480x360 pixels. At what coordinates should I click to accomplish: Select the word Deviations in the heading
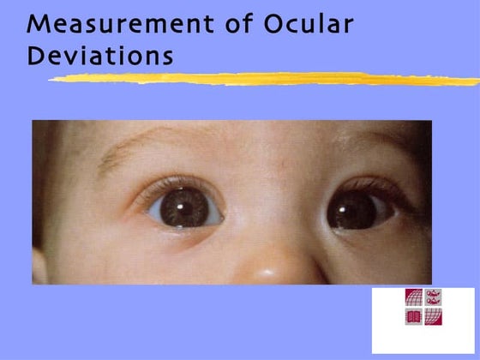[x=100, y=56]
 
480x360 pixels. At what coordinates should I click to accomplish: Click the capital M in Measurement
[x=39, y=24]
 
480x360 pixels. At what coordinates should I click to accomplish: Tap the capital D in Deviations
[x=36, y=56]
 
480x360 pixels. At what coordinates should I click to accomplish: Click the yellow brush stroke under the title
[x=257, y=79]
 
